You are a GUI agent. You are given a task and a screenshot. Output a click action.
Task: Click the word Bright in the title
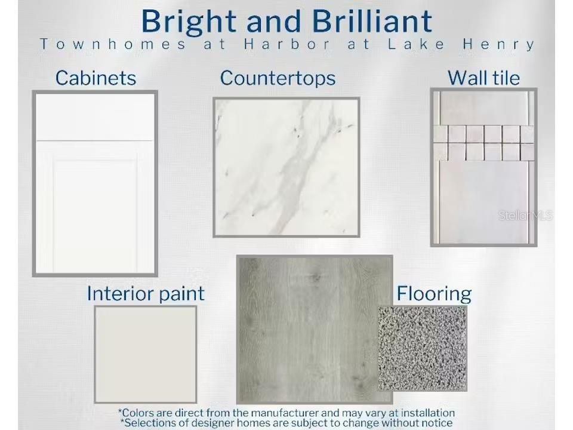pyautogui.click(x=189, y=23)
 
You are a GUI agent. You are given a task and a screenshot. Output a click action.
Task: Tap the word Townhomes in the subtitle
pyautogui.click(x=113, y=44)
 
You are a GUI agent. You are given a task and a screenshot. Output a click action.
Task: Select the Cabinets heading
pyautogui.click(x=95, y=78)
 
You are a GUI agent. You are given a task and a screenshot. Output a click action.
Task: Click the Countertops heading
pyautogui.click(x=278, y=78)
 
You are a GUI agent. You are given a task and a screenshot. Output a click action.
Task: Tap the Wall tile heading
pyautogui.click(x=483, y=78)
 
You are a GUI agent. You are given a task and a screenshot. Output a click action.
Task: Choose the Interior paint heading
pyautogui.click(x=146, y=294)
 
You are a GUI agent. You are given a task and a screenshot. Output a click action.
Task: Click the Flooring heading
pyautogui.click(x=434, y=294)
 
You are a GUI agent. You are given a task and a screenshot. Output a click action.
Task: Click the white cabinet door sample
pyautogui.click(x=95, y=183)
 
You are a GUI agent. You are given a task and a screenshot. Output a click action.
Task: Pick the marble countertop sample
pyautogui.click(x=286, y=167)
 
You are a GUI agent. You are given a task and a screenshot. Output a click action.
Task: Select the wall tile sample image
pyautogui.click(x=484, y=167)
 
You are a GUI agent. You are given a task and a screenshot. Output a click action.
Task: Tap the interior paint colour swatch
pyautogui.click(x=146, y=354)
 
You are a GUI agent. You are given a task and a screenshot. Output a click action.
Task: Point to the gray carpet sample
pyautogui.click(x=423, y=348)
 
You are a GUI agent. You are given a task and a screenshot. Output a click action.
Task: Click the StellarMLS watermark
pyautogui.click(x=525, y=216)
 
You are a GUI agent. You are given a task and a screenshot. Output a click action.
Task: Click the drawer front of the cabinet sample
pyautogui.click(x=95, y=117)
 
